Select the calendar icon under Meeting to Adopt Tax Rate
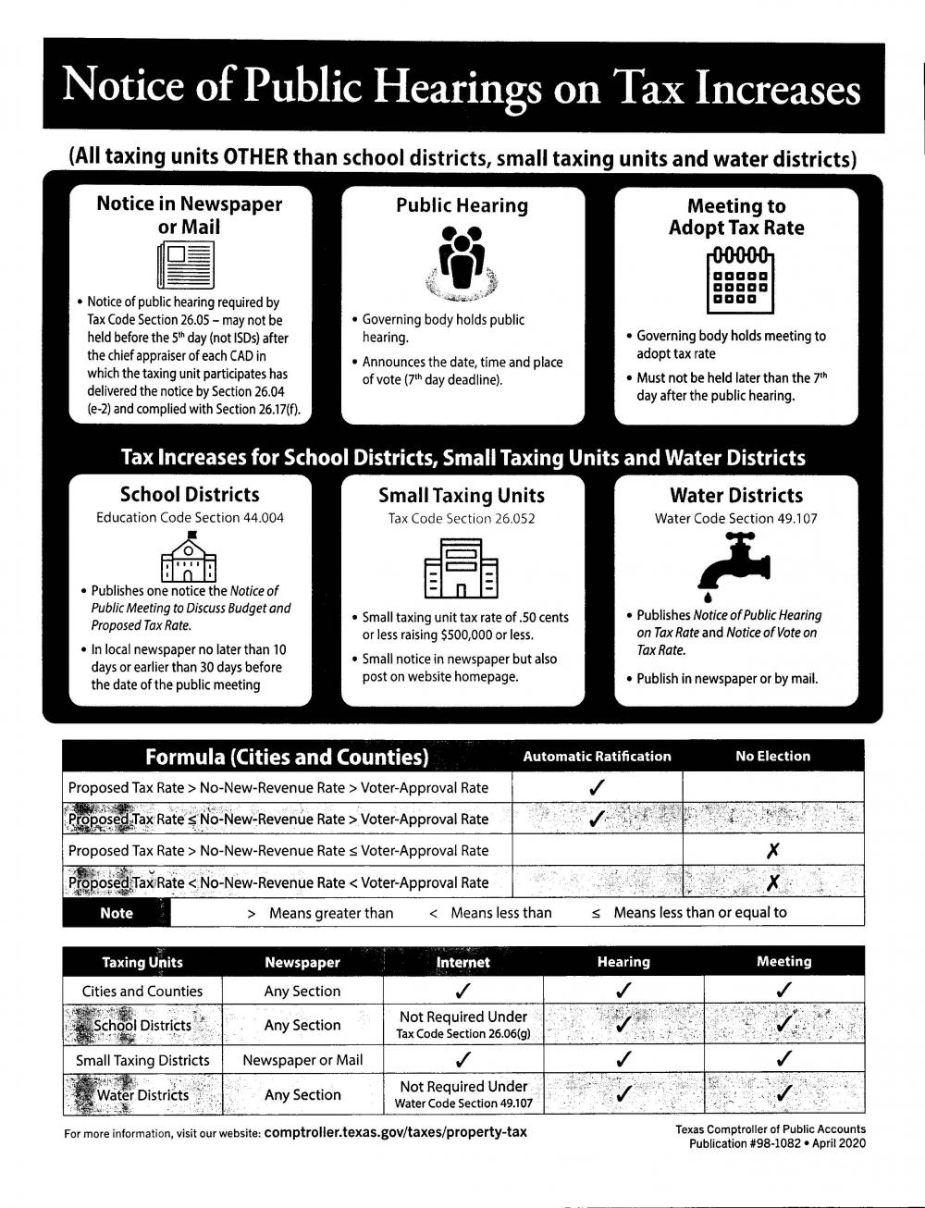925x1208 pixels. click(739, 279)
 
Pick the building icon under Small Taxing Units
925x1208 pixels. click(462, 567)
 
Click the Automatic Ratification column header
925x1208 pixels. click(597, 757)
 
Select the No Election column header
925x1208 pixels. click(772, 757)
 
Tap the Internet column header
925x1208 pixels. click(462, 963)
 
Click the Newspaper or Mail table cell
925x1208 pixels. click(302, 1061)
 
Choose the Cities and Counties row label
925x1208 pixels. click(142, 992)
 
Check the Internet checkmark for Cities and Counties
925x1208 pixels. click(463, 992)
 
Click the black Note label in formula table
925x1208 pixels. click(117, 913)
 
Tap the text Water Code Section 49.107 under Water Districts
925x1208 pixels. click(735, 519)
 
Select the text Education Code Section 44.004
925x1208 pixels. click(190, 518)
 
